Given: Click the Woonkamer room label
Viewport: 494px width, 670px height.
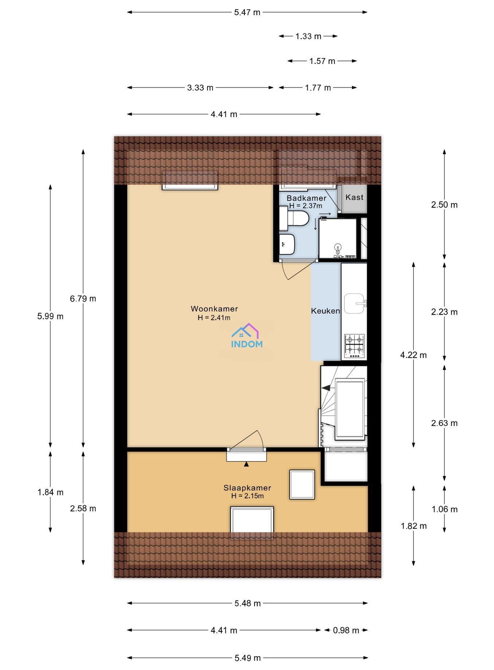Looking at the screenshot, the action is click(214, 309).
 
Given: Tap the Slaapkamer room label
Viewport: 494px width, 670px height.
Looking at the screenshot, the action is click(247, 487).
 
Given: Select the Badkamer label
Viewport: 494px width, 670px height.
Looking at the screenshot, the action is click(306, 198).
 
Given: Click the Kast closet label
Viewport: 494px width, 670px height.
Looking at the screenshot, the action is click(354, 197).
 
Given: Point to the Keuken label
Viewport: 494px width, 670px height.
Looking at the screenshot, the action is click(325, 311).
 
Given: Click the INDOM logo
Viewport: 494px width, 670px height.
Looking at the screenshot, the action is click(247, 336).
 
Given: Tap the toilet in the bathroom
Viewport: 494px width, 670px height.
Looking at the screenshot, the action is click(294, 218).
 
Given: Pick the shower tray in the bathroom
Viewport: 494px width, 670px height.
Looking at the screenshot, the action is click(338, 239).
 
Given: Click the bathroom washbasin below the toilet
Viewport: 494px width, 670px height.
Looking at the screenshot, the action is click(287, 244).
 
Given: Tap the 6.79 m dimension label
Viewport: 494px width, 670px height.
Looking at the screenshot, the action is click(83, 298).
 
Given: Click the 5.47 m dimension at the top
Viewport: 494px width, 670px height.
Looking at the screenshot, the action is click(247, 12).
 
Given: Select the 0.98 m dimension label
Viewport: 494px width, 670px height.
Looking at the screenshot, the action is click(346, 630).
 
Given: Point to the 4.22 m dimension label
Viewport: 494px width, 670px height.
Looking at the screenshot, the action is click(413, 355).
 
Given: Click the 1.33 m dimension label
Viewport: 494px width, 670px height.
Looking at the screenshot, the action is click(308, 36).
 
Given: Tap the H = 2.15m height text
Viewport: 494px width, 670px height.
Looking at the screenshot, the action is click(247, 496).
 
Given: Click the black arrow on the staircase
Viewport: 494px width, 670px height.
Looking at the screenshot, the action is click(326, 388).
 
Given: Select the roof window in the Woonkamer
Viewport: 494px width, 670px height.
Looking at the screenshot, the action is click(190, 180).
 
